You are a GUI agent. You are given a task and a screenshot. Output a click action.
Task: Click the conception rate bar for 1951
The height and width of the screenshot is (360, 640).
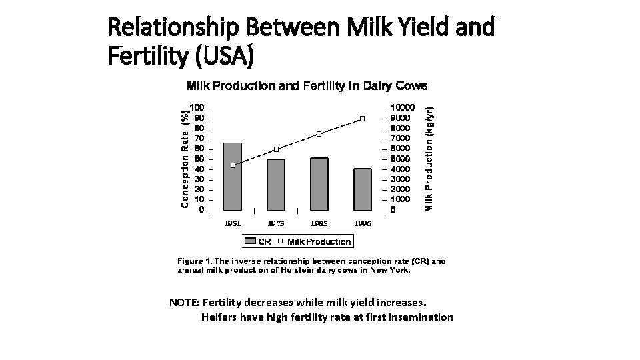(233, 177)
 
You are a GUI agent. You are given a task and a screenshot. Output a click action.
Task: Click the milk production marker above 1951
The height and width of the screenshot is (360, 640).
(233, 165)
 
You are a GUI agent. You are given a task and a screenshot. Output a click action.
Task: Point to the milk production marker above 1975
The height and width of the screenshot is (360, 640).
(276, 149)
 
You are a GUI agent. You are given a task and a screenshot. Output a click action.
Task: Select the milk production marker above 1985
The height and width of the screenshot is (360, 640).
(319, 134)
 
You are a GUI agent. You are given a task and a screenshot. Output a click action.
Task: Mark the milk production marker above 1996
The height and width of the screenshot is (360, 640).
(363, 119)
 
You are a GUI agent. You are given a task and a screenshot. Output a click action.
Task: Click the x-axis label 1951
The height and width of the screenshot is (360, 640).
(233, 223)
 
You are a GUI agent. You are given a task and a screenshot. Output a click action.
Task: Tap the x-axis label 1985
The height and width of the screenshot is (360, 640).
(319, 223)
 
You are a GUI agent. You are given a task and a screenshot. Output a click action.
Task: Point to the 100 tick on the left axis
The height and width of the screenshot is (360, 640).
(197, 107)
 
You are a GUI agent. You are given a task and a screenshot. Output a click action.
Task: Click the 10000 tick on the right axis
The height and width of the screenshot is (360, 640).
(402, 107)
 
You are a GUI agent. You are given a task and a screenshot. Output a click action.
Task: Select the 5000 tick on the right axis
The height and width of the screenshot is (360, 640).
(400, 159)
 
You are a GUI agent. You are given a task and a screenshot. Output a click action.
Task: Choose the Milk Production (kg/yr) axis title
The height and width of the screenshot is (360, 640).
(431, 159)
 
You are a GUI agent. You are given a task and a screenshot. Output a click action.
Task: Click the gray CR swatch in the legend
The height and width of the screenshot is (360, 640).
(251, 241)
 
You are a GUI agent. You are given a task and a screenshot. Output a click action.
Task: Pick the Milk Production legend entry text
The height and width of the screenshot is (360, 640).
(319, 241)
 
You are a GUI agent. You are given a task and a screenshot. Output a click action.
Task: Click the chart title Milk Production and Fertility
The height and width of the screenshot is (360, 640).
(307, 85)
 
